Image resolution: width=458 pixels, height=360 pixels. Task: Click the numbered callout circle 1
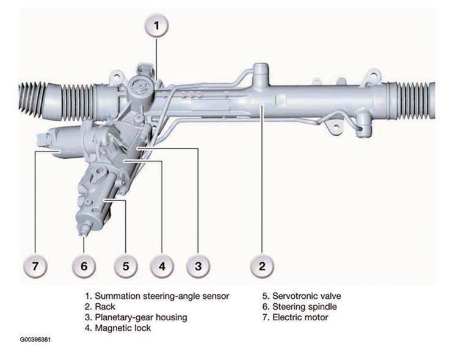[x=157, y=26]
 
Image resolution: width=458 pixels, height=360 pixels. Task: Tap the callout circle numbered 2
[x=262, y=266]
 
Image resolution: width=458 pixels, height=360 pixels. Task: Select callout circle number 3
[x=198, y=266]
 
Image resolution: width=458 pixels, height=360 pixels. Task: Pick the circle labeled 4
[x=162, y=266]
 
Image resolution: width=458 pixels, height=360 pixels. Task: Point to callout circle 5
[x=126, y=266]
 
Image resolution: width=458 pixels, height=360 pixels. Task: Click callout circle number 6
[x=84, y=266]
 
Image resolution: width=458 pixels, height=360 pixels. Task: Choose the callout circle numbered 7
[x=35, y=266]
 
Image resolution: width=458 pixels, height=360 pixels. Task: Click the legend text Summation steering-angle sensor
[x=162, y=296]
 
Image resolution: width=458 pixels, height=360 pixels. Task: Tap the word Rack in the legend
[x=105, y=307]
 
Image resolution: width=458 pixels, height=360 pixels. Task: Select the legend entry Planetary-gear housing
[x=141, y=318]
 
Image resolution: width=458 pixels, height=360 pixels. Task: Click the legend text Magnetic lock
[x=123, y=328]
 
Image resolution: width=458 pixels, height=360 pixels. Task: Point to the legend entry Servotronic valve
[x=307, y=296]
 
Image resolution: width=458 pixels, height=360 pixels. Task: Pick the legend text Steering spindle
[x=305, y=307]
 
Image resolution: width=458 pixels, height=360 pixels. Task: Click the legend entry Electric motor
[x=300, y=317]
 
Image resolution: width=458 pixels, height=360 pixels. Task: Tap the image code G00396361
[x=35, y=340]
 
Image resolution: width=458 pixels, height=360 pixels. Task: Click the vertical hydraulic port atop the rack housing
[x=261, y=75]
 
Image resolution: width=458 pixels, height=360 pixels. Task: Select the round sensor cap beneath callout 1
[x=141, y=87]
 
